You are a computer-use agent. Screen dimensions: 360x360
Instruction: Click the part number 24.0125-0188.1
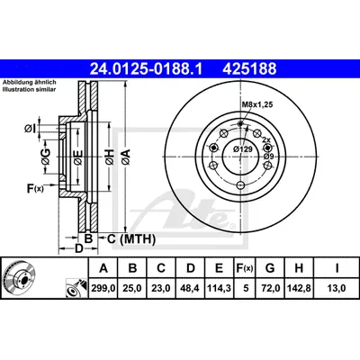(147, 68)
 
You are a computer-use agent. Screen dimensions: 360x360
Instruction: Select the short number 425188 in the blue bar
(249, 68)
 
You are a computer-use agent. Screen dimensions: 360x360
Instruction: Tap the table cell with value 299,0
(103, 288)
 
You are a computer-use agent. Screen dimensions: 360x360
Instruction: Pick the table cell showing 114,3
(219, 288)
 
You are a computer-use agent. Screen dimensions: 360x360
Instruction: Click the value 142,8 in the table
(299, 288)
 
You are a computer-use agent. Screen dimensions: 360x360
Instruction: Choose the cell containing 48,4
(191, 288)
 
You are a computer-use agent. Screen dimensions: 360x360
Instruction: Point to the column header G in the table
(270, 268)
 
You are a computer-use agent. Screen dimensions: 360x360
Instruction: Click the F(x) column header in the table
(244, 268)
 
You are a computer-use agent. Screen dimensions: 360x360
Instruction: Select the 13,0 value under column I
(337, 288)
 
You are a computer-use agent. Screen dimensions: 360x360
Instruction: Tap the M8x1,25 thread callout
(257, 104)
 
